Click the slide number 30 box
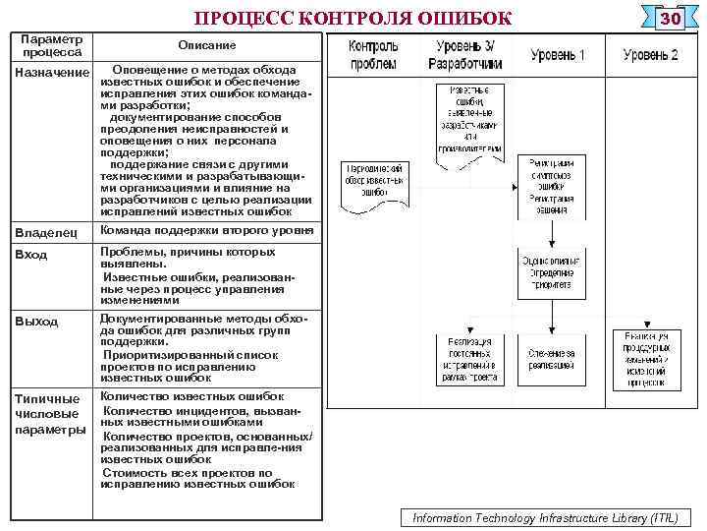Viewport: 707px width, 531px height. pyautogui.click(x=670, y=20)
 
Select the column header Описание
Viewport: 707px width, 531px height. pyautogui.click(x=206, y=45)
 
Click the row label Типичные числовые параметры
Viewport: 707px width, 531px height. pyautogui.click(x=50, y=414)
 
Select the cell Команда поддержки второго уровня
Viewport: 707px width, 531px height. pyautogui.click(x=206, y=231)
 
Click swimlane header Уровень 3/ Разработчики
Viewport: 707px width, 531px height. pyautogui.click(x=465, y=55)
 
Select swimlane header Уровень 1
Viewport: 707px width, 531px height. pyautogui.click(x=557, y=55)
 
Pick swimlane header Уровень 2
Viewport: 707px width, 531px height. pyautogui.click(x=650, y=55)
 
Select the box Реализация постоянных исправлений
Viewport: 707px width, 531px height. pyautogui.click(x=466, y=359)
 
